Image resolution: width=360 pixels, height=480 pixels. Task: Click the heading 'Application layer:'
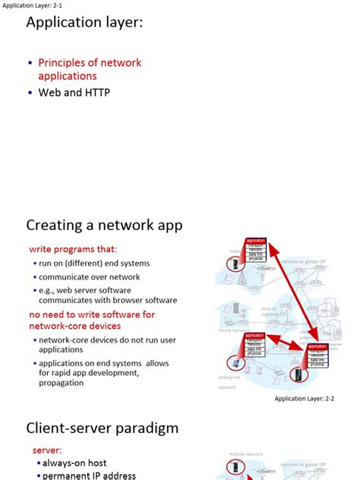(84, 24)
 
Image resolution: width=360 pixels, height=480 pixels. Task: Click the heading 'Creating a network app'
(104, 225)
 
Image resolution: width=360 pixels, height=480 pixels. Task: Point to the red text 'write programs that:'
(74, 249)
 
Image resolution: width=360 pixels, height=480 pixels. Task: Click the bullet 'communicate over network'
(90, 276)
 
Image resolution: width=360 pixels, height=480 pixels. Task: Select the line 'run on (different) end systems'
(94, 263)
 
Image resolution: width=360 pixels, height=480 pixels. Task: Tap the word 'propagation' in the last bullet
(62, 383)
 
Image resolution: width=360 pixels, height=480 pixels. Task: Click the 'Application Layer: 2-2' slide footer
(304, 398)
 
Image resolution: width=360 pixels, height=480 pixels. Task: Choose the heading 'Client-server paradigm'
(103, 428)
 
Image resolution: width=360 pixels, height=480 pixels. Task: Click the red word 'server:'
(48, 450)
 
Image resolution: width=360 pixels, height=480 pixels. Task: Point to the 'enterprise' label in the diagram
(229, 376)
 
